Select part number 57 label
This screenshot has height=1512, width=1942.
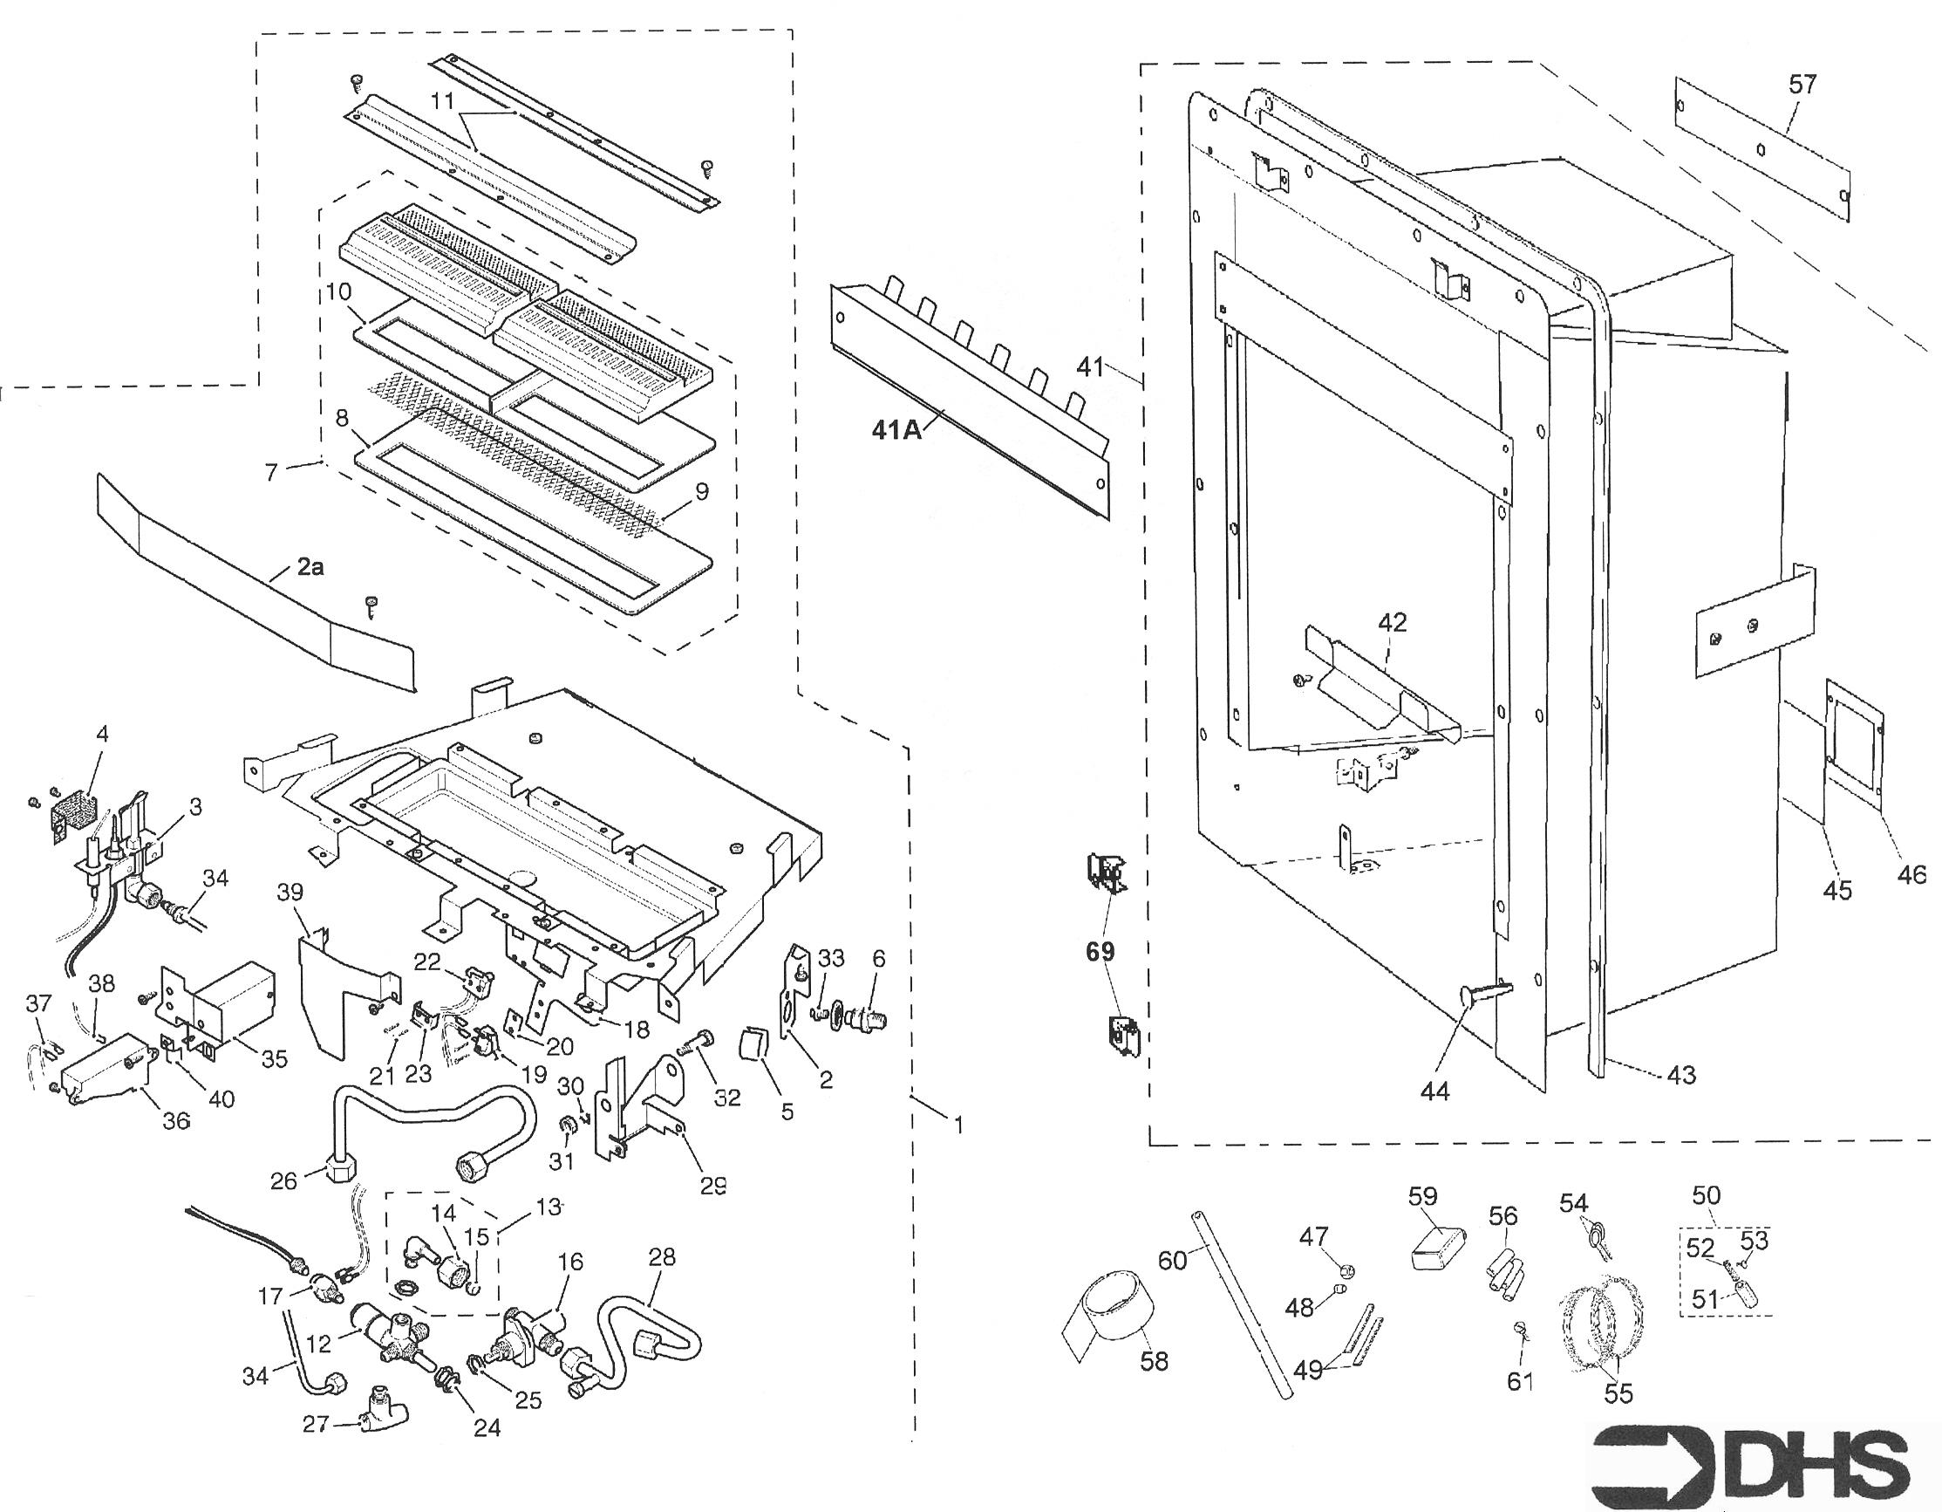click(x=1802, y=85)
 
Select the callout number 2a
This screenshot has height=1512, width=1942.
click(x=309, y=566)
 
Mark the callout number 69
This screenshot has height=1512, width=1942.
click(x=1099, y=952)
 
